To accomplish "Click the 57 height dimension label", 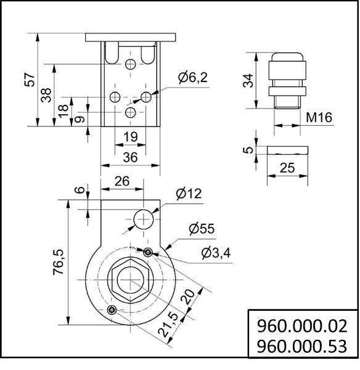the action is click(x=30, y=80).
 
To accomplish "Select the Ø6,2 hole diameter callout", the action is click(x=193, y=77).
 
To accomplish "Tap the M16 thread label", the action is click(x=319, y=117).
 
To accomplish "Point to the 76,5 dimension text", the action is click(x=59, y=262).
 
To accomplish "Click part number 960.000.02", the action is click(x=302, y=326).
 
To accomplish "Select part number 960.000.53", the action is click(x=302, y=347).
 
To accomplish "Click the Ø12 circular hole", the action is click(x=144, y=220).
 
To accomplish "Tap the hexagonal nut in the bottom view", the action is click(x=131, y=279).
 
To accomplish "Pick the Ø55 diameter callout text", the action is click(x=202, y=229).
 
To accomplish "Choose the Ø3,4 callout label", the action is click(x=216, y=253).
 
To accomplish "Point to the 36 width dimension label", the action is click(x=130, y=157).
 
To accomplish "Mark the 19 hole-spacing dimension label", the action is click(x=130, y=137).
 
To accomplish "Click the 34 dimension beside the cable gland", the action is click(x=248, y=80).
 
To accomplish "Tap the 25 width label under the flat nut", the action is click(x=287, y=168).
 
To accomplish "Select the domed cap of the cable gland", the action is click(x=287, y=57).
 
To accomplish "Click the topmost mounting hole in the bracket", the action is click(x=130, y=64).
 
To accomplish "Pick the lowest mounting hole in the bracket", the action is click(x=130, y=112).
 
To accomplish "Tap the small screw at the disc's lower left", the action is click(x=112, y=310).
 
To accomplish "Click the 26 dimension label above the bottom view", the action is click(x=122, y=181).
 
